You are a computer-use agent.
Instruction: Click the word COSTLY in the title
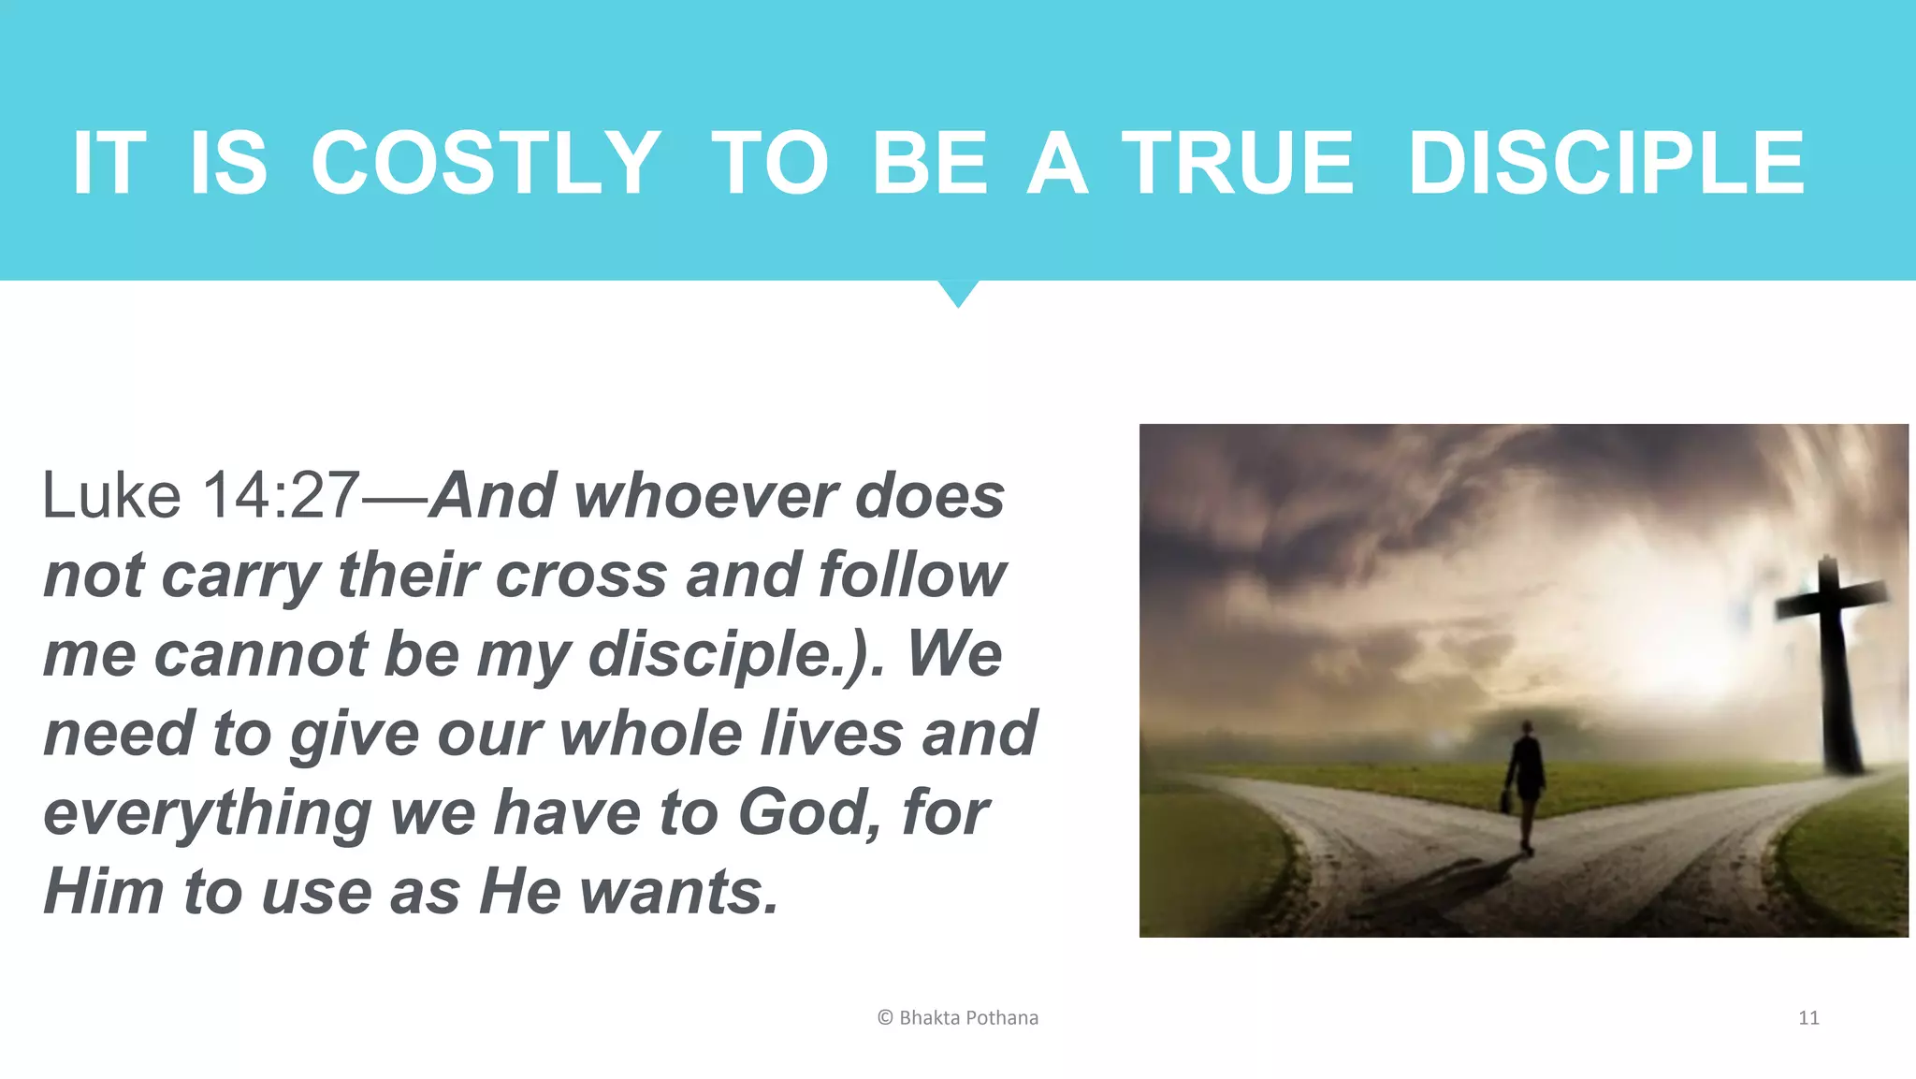point(485,163)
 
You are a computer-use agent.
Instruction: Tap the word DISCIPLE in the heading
point(1605,163)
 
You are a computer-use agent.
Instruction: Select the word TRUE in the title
point(1237,163)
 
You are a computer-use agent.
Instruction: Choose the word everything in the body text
point(208,812)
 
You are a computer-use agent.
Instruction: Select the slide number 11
point(1808,1017)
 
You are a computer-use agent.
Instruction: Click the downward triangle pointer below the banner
point(958,292)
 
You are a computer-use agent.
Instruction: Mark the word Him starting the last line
point(103,891)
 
